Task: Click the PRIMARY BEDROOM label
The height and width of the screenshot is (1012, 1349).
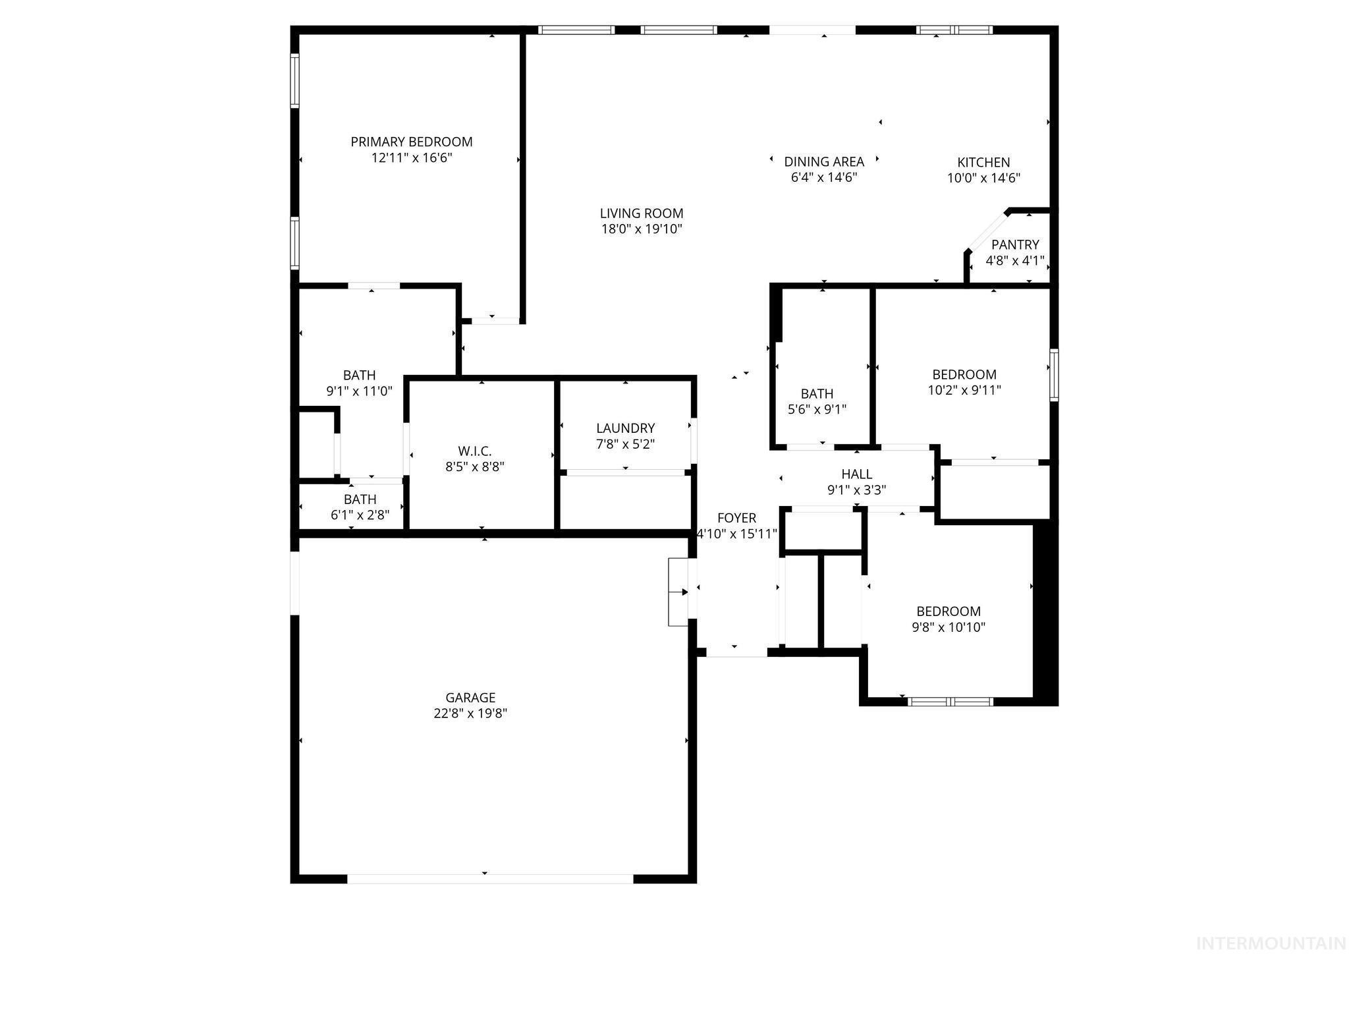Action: [x=411, y=142]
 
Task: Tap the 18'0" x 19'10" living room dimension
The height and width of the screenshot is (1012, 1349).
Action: [x=641, y=229]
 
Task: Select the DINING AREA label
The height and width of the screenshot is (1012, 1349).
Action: [x=823, y=161]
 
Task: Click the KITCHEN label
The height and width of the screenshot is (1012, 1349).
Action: [x=983, y=162]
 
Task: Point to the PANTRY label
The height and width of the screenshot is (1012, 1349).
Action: [x=1014, y=244]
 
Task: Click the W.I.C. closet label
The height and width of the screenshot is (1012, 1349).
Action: [x=474, y=451]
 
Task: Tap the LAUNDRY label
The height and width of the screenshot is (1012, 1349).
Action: [x=625, y=428]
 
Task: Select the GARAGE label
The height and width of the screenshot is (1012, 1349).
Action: [x=470, y=697]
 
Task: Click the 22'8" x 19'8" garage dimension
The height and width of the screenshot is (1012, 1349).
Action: [x=470, y=714]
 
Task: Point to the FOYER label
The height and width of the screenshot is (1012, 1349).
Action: [x=736, y=518]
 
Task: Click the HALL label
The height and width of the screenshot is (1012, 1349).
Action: [x=856, y=474]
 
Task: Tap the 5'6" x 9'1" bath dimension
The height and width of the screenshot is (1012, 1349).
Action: [x=817, y=409]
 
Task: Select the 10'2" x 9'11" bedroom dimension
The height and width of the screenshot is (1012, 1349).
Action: [x=964, y=390]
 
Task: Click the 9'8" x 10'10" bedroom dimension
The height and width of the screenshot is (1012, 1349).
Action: [x=949, y=627]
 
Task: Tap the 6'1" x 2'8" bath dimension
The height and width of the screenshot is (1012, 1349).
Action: [x=360, y=515]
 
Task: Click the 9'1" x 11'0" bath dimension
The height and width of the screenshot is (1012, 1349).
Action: [x=359, y=391]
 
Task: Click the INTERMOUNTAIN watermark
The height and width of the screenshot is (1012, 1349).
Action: [x=1270, y=943]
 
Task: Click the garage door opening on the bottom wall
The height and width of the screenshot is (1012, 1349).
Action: [x=489, y=878]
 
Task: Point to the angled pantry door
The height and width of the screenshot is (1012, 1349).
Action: [x=987, y=231]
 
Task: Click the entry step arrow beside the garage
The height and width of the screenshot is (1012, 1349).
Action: [x=678, y=592]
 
